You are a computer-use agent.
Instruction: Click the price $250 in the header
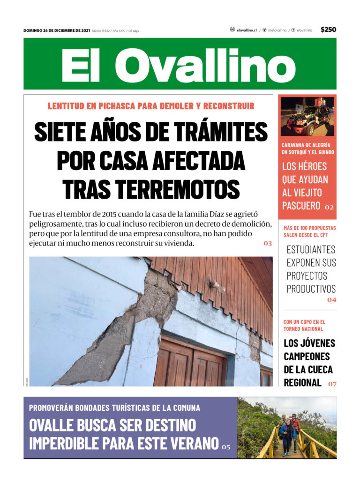coord(328,30)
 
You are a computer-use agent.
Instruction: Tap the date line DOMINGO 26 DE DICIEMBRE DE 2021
coord(57,30)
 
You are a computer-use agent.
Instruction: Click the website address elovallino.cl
coord(247,30)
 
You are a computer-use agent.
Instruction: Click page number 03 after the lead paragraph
coord(268,244)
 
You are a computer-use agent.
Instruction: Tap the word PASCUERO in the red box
coord(301,205)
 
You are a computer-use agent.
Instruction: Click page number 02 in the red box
coord(329,207)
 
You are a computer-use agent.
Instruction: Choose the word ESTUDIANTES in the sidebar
coord(311,249)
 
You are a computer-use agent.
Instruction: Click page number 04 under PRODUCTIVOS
coord(331,300)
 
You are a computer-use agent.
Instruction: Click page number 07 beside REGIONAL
coord(332,384)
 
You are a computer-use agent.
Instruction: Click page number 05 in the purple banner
coord(226,447)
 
